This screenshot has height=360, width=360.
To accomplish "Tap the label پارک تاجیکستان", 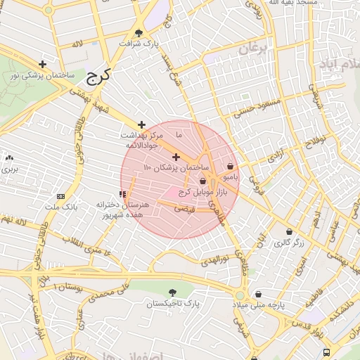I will point(173,304).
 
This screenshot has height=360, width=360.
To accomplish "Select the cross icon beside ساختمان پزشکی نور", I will point(43,64).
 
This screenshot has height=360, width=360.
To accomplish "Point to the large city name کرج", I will point(101,75).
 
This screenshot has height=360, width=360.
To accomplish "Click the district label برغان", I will point(253,49).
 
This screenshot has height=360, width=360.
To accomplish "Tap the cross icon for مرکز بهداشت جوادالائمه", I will point(141,124).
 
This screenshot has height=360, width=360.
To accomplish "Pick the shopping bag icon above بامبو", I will point(230,167).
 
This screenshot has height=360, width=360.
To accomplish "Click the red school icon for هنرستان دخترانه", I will point(122,193).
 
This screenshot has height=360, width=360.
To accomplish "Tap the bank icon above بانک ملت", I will point(60,196).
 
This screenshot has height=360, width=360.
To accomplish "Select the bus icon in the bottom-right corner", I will point(326,352).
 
